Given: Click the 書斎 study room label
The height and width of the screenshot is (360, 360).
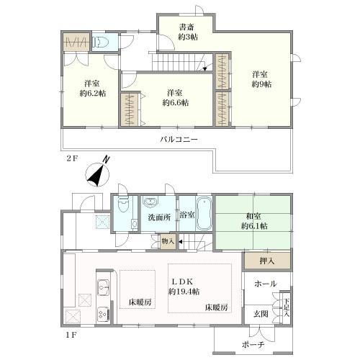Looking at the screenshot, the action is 186,27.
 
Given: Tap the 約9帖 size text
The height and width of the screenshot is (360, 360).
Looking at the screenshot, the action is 261,84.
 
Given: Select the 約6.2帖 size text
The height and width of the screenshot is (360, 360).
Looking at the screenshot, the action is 93,93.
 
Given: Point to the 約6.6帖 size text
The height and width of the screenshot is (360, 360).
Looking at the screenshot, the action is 176,103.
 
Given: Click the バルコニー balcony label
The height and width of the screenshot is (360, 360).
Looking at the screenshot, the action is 179,139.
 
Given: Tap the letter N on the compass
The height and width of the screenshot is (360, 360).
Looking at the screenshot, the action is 106,159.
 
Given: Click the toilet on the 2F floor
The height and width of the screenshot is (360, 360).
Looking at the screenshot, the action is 100,42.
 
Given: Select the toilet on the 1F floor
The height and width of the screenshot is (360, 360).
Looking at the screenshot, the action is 124,204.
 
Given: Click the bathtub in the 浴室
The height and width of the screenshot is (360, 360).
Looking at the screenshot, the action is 204,213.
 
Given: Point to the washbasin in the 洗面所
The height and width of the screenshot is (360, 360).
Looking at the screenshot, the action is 150,202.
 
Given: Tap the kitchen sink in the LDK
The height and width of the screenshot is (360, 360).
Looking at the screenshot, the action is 103,287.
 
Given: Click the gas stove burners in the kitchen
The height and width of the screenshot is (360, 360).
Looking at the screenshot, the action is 104,315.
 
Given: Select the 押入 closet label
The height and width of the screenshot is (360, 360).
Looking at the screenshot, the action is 267,261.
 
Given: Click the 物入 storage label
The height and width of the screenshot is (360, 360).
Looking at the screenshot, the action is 168,241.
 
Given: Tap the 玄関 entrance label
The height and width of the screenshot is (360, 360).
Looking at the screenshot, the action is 261,314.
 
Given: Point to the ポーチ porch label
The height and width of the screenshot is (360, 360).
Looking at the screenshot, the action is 253,345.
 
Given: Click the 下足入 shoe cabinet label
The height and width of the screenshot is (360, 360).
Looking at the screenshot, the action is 286,307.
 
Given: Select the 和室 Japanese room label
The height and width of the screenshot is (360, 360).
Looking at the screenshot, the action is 253,216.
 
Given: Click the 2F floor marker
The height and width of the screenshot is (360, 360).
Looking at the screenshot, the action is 72,158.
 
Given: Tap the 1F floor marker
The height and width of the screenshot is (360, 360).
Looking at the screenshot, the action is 71,335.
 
